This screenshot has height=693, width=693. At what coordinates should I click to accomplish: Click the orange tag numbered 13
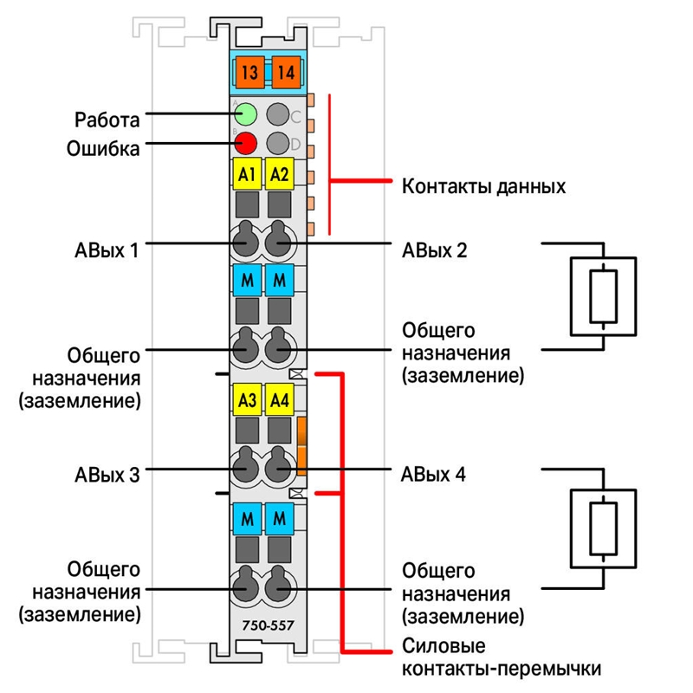(249, 73)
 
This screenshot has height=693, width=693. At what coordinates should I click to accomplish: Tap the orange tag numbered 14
(286, 73)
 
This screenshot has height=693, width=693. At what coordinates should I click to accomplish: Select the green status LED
(245, 114)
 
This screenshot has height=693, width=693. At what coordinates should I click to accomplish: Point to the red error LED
(245, 143)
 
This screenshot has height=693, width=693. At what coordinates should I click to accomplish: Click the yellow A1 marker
(247, 174)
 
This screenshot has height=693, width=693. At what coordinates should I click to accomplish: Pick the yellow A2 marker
(279, 174)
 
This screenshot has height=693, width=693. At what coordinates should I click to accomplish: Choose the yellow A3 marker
(247, 400)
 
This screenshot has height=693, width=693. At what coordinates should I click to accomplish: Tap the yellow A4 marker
(279, 400)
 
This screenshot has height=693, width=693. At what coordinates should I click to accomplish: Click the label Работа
(107, 120)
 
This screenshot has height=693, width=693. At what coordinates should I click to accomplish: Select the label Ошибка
(103, 148)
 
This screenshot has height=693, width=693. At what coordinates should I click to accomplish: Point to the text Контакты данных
(483, 186)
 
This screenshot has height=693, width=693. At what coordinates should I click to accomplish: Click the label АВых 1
(107, 250)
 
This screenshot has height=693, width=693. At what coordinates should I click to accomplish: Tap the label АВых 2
(434, 250)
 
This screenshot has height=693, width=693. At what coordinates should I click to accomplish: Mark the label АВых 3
(107, 475)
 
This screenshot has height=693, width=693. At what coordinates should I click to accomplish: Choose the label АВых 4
(433, 474)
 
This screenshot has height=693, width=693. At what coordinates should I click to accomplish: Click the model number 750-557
(268, 625)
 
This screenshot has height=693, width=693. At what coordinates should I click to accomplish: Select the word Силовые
(444, 645)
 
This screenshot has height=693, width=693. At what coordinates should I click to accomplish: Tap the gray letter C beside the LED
(295, 117)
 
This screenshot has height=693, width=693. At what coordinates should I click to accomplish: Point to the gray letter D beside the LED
(295, 144)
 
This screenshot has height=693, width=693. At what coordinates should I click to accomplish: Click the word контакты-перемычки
(502, 668)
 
